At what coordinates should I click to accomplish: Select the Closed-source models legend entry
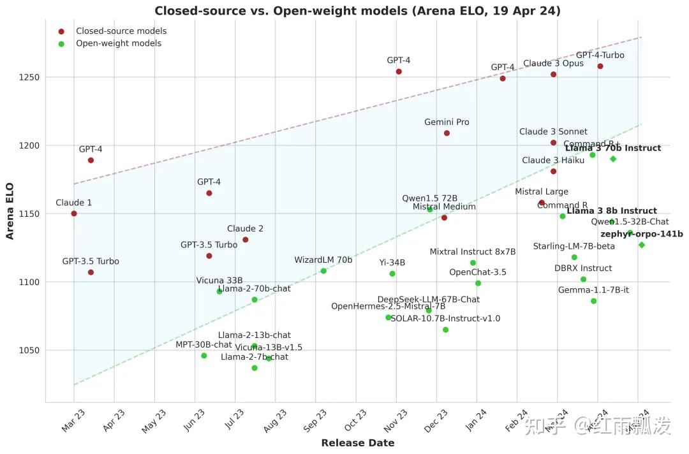point(121,31)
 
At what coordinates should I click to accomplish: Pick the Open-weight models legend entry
point(119,43)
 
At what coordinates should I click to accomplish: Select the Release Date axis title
point(357,443)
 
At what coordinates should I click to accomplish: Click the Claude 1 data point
point(74,214)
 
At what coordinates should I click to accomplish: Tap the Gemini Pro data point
point(447,133)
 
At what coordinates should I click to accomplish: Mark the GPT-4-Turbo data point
point(600,66)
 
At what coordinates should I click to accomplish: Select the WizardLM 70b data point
point(323,271)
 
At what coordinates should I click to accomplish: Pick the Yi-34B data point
point(392,274)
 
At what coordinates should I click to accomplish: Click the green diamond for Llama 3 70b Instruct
point(613,159)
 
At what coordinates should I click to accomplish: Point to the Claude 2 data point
point(246,240)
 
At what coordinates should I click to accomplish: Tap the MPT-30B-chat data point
point(204,356)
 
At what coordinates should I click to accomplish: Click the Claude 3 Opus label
point(553,64)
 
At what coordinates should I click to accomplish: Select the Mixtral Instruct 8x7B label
point(473,252)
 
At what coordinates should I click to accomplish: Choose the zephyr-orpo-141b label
point(641,234)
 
